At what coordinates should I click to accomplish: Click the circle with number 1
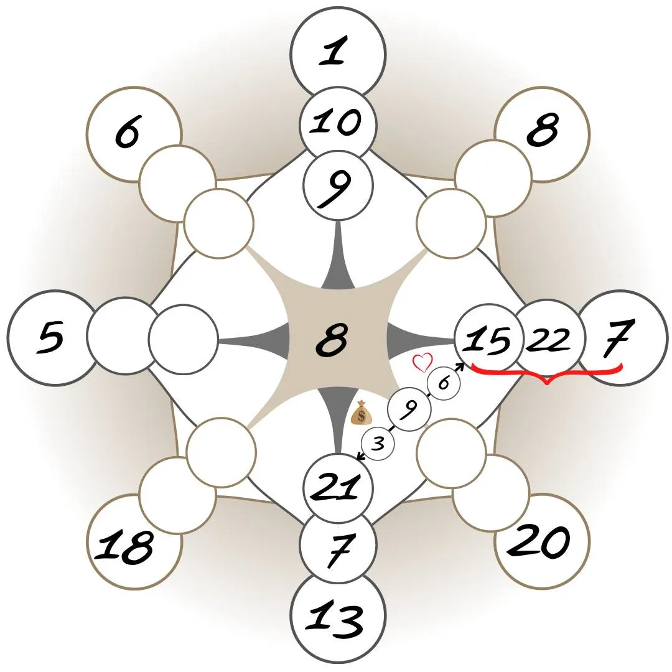[x=338, y=51]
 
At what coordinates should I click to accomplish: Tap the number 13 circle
[x=338, y=619]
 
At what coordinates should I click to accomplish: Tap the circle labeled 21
[x=338, y=487]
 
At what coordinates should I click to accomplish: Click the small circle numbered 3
[x=378, y=444]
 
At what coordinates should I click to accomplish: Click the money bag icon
[x=362, y=413]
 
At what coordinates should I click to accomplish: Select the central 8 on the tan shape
[x=332, y=341]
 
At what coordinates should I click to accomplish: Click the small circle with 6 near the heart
[x=444, y=383]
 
